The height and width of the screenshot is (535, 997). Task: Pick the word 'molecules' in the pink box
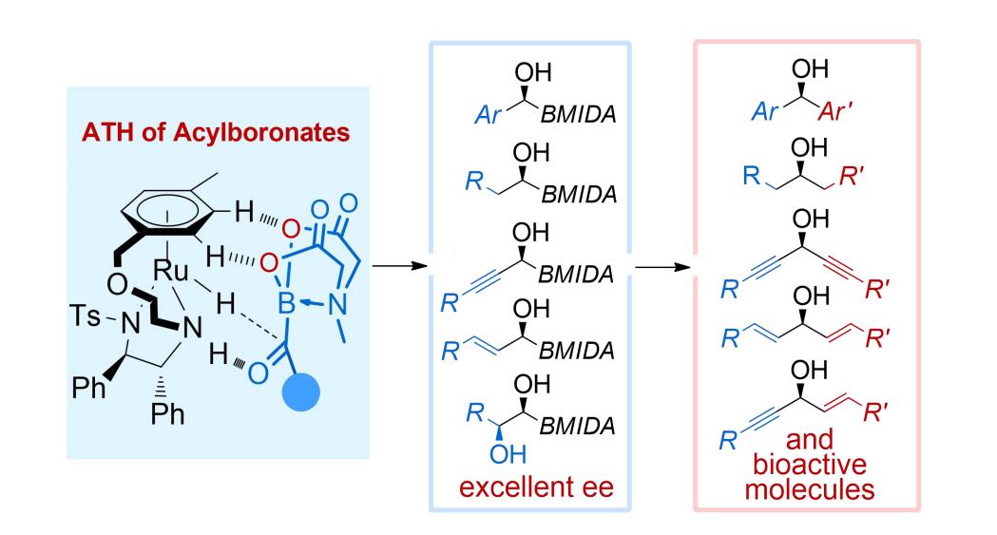point(807,490)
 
